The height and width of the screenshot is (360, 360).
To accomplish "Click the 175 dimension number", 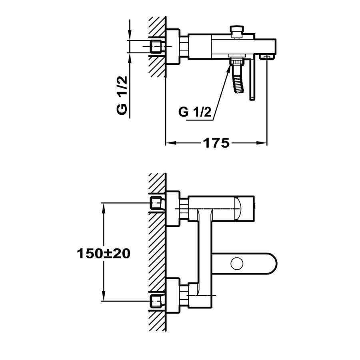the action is point(216,143).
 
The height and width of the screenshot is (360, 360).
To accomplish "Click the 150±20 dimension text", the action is point(104,254).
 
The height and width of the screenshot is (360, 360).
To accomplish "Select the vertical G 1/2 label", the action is point(122,96).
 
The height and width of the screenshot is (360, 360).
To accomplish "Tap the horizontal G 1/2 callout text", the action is point(195,112).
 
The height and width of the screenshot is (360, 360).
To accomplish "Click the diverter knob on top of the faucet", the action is point(237,32).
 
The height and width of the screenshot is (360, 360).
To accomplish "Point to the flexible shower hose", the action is point(237,79).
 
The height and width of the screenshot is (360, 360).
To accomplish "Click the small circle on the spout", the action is point(237,264).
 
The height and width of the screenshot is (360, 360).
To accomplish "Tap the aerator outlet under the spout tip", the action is point(266,57).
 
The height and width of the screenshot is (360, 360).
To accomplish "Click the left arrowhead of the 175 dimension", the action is point(170,143).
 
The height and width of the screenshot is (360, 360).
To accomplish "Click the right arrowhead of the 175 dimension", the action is point(262,143).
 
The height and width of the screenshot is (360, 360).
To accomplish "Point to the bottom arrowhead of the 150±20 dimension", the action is point(104,296).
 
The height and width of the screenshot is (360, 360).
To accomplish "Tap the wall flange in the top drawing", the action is point(172,47).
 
